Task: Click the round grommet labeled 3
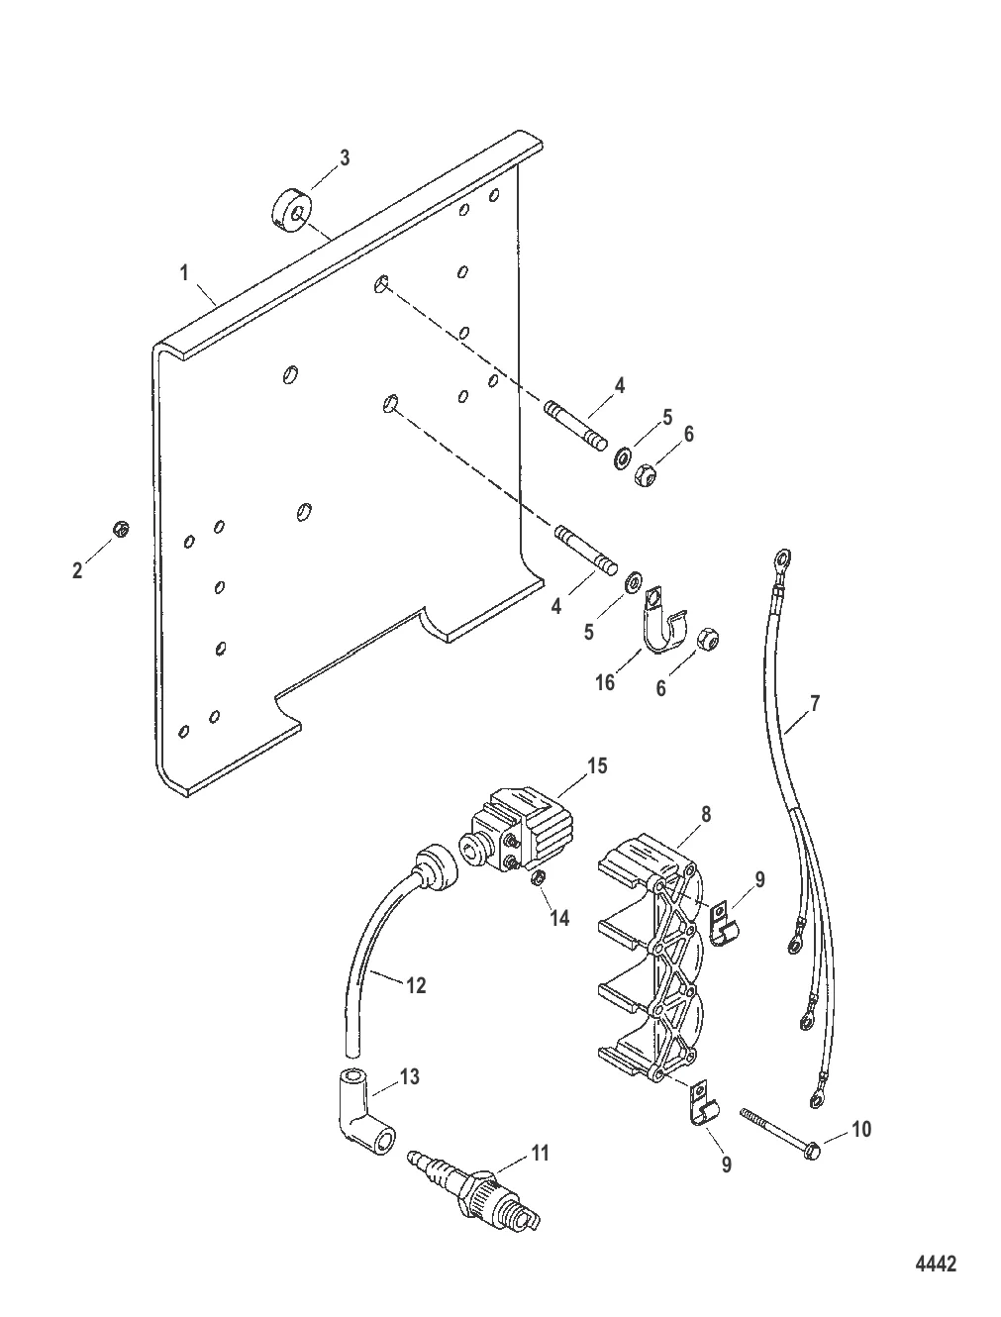tap(292, 211)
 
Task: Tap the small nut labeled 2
tap(121, 529)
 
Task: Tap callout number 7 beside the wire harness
tap(815, 703)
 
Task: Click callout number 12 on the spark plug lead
tap(416, 985)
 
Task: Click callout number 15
tap(597, 766)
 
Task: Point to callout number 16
tap(605, 682)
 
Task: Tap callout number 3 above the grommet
tap(345, 157)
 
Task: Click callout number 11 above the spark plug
tap(541, 1153)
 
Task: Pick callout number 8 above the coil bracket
tap(706, 814)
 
